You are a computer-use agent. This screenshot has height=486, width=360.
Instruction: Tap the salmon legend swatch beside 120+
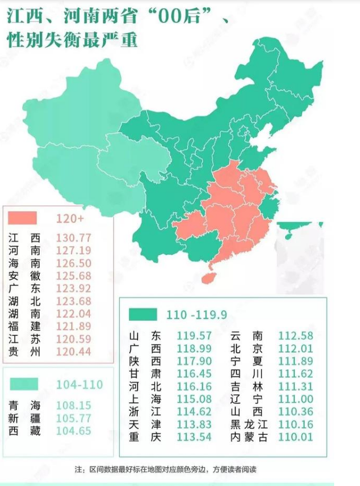click(x=23, y=218)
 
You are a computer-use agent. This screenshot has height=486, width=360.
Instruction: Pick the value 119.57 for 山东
click(x=194, y=335)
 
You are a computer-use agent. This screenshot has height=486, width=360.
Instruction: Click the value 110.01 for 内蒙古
click(x=295, y=437)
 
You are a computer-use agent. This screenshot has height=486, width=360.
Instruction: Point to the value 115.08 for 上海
click(x=194, y=399)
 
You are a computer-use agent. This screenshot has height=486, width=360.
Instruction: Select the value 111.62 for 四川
click(x=295, y=373)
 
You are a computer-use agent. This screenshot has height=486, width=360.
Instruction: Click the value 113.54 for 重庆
click(x=194, y=437)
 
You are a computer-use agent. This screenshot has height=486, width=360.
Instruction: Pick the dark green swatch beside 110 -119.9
click(x=143, y=314)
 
